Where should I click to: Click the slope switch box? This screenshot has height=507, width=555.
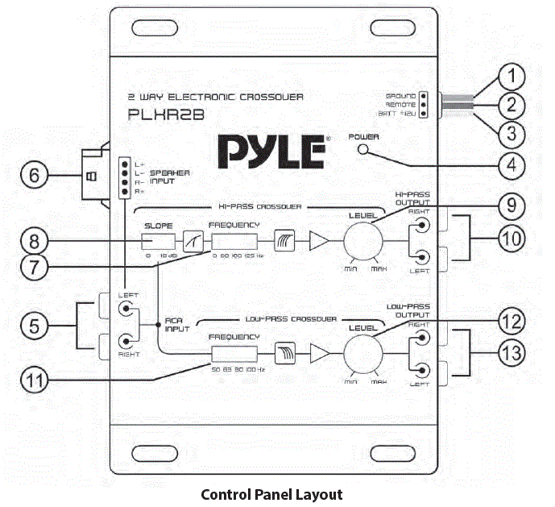159,241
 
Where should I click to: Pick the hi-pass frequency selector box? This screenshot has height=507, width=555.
234,241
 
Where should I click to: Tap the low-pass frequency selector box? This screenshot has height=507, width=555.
234,353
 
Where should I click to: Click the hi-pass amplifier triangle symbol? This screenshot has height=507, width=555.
318,241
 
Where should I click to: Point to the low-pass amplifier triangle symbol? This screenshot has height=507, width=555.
318,353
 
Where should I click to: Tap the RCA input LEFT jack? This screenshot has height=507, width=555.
126,308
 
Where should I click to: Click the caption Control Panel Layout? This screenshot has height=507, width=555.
271,494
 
